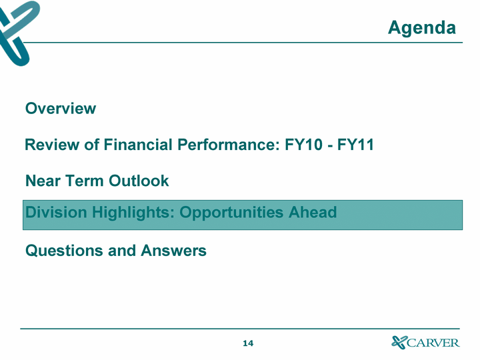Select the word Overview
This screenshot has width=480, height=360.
click(61, 109)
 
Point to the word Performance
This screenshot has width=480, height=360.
click(229, 145)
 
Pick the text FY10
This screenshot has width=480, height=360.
click(304, 145)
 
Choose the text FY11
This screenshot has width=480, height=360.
click(355, 145)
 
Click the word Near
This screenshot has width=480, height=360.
click(43, 181)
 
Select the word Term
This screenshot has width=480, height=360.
click(84, 181)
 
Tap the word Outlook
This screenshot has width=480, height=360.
click(139, 181)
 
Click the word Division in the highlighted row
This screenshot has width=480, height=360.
click(56, 212)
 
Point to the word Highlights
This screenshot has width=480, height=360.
click(133, 213)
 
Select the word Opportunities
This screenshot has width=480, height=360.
click(231, 213)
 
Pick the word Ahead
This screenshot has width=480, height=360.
click(313, 212)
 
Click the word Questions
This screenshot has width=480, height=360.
click(65, 251)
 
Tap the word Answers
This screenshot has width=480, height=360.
click(173, 251)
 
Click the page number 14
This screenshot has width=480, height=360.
click(248, 343)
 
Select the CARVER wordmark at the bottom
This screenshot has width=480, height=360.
click(433, 343)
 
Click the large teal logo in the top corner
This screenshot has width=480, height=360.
click(18, 33)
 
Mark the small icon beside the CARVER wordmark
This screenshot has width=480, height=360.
click(399, 342)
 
